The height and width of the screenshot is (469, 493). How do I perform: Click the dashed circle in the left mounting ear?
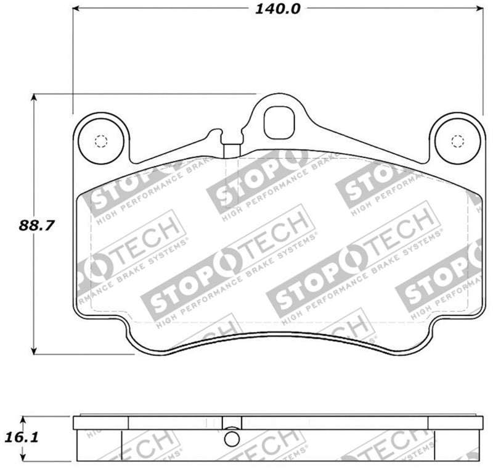point(101,140)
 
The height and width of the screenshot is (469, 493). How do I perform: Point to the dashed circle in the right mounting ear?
point(457,141)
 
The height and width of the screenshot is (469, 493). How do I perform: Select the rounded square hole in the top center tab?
point(279,123)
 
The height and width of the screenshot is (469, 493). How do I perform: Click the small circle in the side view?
point(230,438)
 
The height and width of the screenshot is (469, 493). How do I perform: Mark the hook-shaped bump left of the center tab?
point(215,133)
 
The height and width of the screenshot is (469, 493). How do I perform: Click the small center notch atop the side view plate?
point(231,415)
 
